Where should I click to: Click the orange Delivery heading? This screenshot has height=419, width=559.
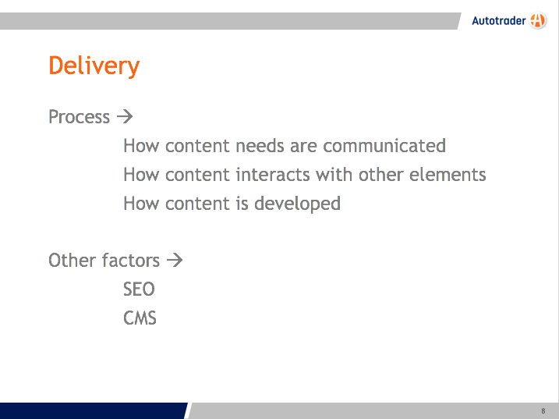94,66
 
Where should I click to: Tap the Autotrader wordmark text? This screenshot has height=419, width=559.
499,21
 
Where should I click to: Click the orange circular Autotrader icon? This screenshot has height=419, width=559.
538,20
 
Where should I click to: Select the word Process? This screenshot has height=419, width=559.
80,117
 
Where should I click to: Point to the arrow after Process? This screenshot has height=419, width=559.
125,116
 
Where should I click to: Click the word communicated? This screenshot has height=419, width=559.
384,146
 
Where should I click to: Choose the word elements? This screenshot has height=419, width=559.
448,175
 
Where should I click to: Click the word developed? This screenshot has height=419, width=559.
297,204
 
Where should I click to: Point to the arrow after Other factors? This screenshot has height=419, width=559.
175,260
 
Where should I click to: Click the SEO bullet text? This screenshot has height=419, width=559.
139,289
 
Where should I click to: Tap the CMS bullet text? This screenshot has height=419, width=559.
140,318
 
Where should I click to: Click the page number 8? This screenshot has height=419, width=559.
543,411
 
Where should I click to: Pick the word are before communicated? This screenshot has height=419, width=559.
304,147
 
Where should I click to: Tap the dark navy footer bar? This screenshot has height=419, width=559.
93,410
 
